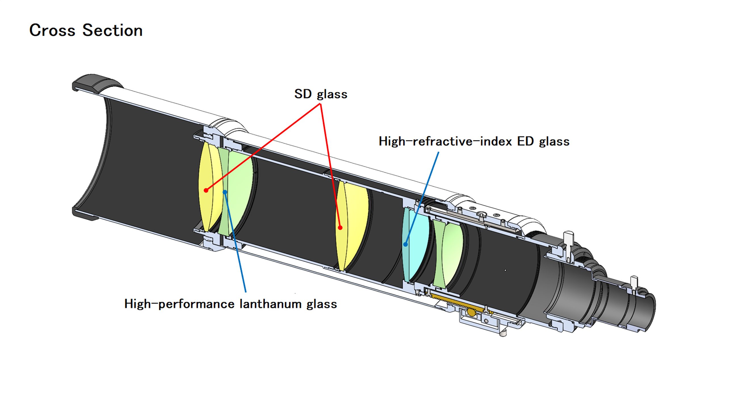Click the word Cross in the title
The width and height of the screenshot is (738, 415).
coord(52,30)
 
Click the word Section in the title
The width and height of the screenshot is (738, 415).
coord(112,30)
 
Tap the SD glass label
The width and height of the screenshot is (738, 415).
coord(320,94)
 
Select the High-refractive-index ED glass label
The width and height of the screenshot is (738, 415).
coord(474,142)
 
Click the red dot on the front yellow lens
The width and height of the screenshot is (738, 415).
coord(206,190)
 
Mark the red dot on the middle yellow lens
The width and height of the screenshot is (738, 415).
coord(340,228)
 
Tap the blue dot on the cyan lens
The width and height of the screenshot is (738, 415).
coord(405,244)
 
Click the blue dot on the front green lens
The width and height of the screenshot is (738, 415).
coord(225,192)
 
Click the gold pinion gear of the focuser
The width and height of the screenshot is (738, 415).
coord(471,312)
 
